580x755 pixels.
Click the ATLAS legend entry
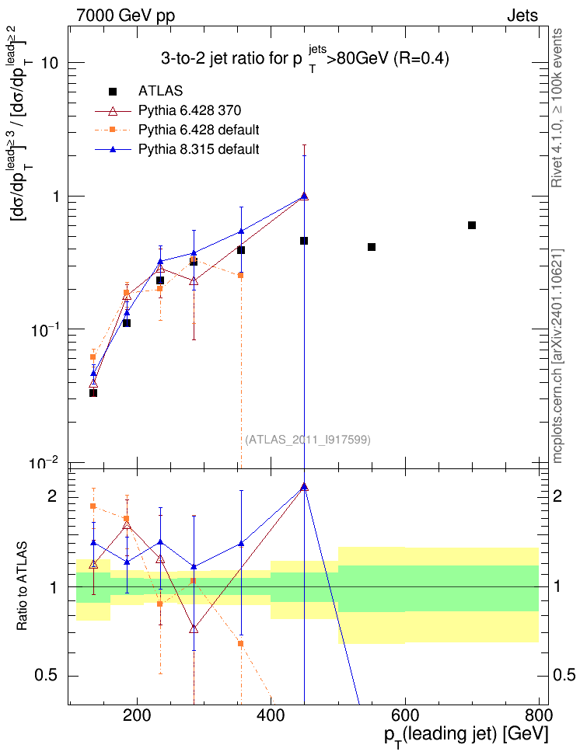click(160, 91)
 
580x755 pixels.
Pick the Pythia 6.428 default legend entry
click(198, 129)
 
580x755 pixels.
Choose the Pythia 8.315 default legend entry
click(198, 148)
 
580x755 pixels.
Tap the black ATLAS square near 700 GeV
click(472, 225)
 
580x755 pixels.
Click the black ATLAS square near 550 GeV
click(372, 247)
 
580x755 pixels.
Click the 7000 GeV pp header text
click(125, 16)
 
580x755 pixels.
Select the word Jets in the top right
click(522, 16)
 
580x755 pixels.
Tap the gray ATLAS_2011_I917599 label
click(308, 440)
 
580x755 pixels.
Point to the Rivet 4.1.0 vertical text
click(557, 109)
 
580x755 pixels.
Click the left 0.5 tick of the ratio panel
click(52, 675)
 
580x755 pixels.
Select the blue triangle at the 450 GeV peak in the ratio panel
click(304, 487)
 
